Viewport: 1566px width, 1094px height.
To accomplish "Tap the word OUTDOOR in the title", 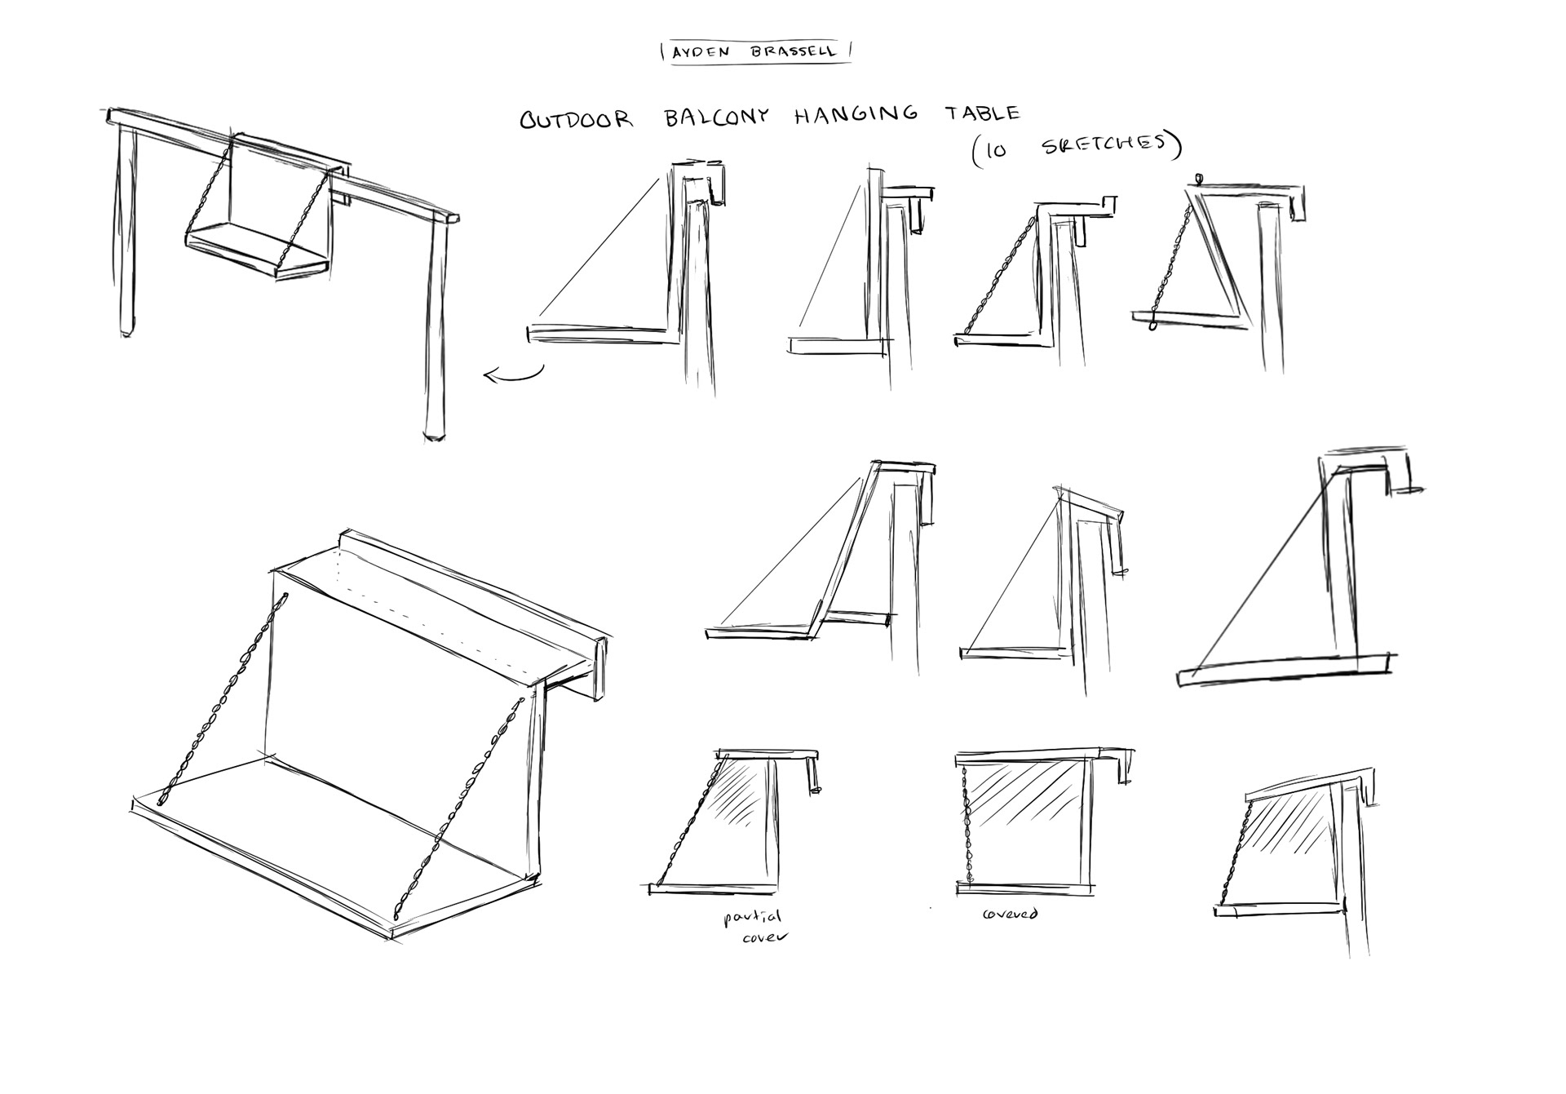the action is pyautogui.click(x=577, y=120).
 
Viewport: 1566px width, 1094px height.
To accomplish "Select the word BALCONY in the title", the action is pyautogui.click(x=717, y=117).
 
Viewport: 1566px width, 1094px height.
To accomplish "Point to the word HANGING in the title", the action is pyautogui.click(x=856, y=115).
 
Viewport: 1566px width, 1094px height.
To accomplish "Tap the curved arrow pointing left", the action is pyautogui.click(x=512, y=374).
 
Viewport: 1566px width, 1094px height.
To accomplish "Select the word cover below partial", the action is pyautogui.click(x=765, y=937).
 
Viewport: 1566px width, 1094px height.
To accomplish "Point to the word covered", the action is pyautogui.click(x=1010, y=913).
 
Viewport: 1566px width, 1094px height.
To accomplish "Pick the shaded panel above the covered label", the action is pyautogui.click(x=1024, y=816).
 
